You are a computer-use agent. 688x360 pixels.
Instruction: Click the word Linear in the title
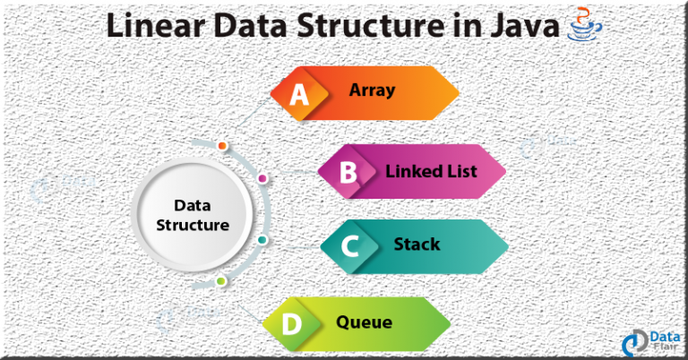tap(156, 25)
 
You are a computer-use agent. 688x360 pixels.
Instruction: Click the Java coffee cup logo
tap(584, 24)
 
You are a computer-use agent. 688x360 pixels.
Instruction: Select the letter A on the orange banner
tap(299, 94)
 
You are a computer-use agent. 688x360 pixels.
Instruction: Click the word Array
tap(372, 90)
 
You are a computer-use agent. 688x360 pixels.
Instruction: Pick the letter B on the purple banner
tap(348, 172)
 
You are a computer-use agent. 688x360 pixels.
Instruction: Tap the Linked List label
tap(431, 171)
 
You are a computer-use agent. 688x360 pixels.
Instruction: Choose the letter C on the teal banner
tap(350, 246)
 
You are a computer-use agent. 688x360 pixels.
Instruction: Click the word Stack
tap(417, 244)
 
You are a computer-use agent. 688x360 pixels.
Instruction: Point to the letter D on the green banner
tap(292, 324)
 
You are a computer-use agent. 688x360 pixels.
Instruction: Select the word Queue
tap(365, 322)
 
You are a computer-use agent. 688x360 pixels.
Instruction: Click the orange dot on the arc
tap(222, 146)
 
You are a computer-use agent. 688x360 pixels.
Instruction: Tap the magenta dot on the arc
tap(262, 178)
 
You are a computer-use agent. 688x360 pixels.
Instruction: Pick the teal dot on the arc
tap(262, 240)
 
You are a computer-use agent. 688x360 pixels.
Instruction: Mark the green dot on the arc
tap(221, 281)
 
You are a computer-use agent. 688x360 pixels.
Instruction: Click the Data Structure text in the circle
tap(193, 215)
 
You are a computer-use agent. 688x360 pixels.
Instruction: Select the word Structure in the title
tap(371, 25)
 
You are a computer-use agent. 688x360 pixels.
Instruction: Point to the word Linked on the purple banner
tap(411, 171)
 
